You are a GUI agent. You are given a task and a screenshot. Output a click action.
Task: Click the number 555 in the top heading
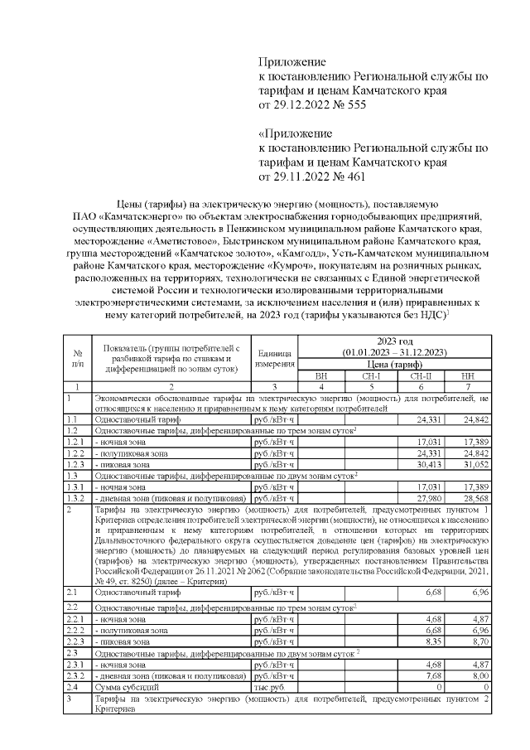(x=352, y=105)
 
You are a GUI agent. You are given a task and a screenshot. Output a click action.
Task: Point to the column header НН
(x=466, y=375)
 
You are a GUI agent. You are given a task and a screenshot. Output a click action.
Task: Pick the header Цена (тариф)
(x=393, y=364)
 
